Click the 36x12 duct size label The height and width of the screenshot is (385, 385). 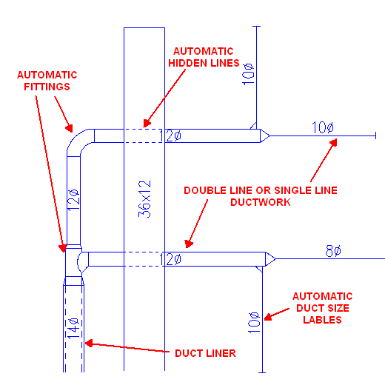[x=144, y=199]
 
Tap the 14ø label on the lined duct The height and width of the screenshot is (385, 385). [x=73, y=328]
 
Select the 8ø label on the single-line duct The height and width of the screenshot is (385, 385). [x=333, y=251]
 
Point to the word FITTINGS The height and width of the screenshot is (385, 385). [x=47, y=87]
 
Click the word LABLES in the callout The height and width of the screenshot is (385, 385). [x=322, y=320]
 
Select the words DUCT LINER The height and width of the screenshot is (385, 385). [x=205, y=353]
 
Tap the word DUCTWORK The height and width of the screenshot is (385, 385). [x=261, y=202]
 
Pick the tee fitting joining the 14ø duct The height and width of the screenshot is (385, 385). [x=73, y=261]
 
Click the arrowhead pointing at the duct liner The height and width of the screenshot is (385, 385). [x=89, y=343]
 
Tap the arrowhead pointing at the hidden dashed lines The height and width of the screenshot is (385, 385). [x=147, y=123]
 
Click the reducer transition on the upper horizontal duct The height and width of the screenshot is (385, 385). [x=264, y=135]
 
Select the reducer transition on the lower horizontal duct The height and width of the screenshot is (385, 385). [x=270, y=259]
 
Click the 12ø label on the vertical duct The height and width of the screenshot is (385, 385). [x=73, y=200]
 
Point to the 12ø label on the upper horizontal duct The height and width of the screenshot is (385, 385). [x=170, y=135]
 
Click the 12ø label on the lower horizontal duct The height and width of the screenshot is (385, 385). [x=170, y=259]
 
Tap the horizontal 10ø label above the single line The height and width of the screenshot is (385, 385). [x=323, y=127]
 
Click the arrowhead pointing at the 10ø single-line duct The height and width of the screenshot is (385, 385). [x=333, y=143]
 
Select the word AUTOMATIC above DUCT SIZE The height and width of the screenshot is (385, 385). [x=322, y=296]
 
